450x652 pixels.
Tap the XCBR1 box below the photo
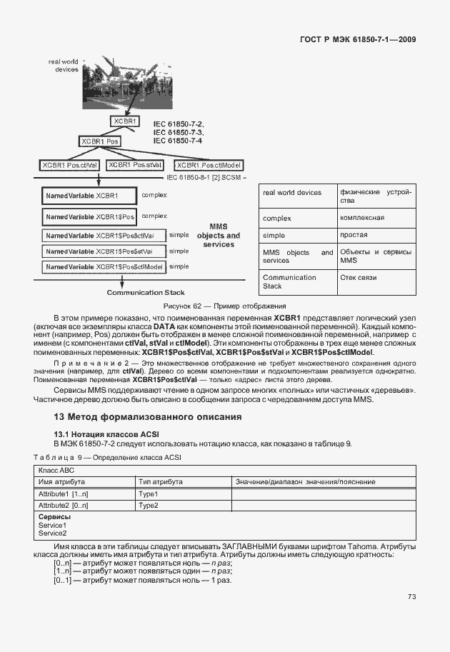pyautogui.click(x=126, y=121)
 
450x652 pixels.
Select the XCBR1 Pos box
pyautogui.click(x=99, y=141)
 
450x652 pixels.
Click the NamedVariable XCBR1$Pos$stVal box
pyautogui.click(x=104, y=251)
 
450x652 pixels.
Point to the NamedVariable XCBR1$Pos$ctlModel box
pyautogui.click(x=104, y=267)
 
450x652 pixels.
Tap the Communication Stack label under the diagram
pyautogui.click(x=146, y=292)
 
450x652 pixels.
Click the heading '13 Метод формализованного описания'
pyautogui.click(x=149, y=416)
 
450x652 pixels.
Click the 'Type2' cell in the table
pyautogui.click(x=149, y=506)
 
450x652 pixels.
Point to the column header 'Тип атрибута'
pyautogui.click(x=161, y=483)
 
